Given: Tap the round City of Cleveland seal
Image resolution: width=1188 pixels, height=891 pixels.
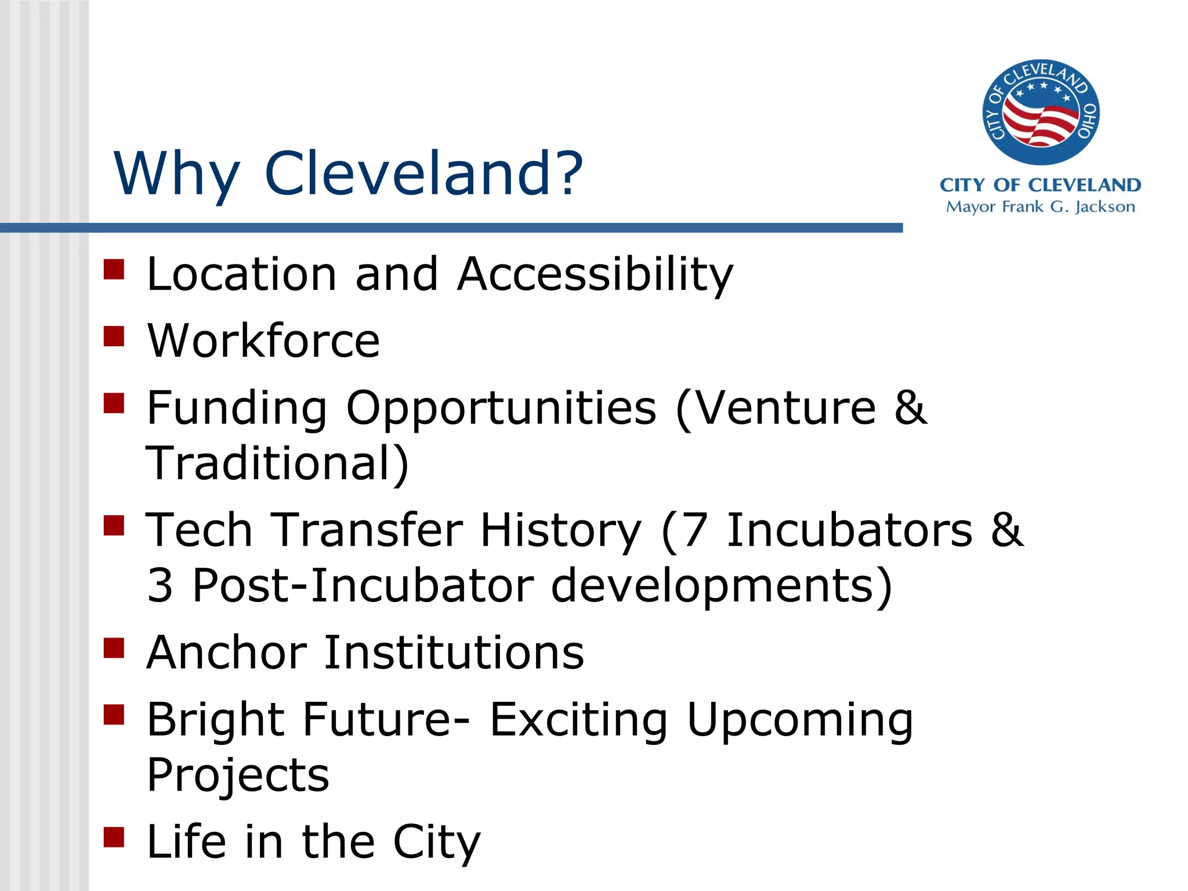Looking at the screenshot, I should tap(1041, 113).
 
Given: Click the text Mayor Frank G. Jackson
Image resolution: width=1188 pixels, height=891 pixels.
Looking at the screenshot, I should tap(1040, 207).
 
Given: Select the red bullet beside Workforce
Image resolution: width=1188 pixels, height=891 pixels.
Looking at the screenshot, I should tap(114, 336).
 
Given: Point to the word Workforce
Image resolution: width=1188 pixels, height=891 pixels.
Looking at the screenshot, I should tap(263, 341).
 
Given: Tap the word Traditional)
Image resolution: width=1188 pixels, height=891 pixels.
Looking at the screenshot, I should tap(277, 464).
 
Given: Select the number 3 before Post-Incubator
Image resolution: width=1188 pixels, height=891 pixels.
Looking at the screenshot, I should tap(160, 586).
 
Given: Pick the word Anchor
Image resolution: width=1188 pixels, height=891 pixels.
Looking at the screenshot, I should tap(226, 653).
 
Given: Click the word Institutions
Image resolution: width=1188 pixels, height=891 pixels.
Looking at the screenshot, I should tap(454, 653).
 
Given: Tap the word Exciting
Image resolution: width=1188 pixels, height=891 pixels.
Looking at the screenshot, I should tap(578, 720).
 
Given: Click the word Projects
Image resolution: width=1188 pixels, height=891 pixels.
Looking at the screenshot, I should tap(238, 776).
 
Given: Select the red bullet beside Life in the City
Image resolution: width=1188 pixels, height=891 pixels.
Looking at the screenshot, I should tap(114, 837).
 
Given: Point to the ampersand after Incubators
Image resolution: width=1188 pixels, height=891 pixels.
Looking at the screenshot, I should tap(1007, 530).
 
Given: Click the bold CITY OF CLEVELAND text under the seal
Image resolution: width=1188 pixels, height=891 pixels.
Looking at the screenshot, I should tap(1040, 185).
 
